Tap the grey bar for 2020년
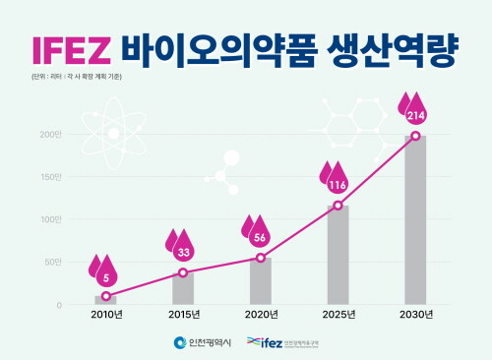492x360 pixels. pyautogui.click(x=260, y=281)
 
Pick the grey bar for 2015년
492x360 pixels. pyautogui.click(x=183, y=288)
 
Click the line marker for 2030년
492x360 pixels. pyautogui.click(x=415, y=136)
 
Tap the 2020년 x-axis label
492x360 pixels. pyautogui.click(x=261, y=315)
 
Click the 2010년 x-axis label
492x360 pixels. pyautogui.click(x=106, y=315)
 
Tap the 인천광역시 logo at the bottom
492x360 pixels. pyautogui.click(x=202, y=342)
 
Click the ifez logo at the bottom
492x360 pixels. pyautogui.click(x=285, y=342)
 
